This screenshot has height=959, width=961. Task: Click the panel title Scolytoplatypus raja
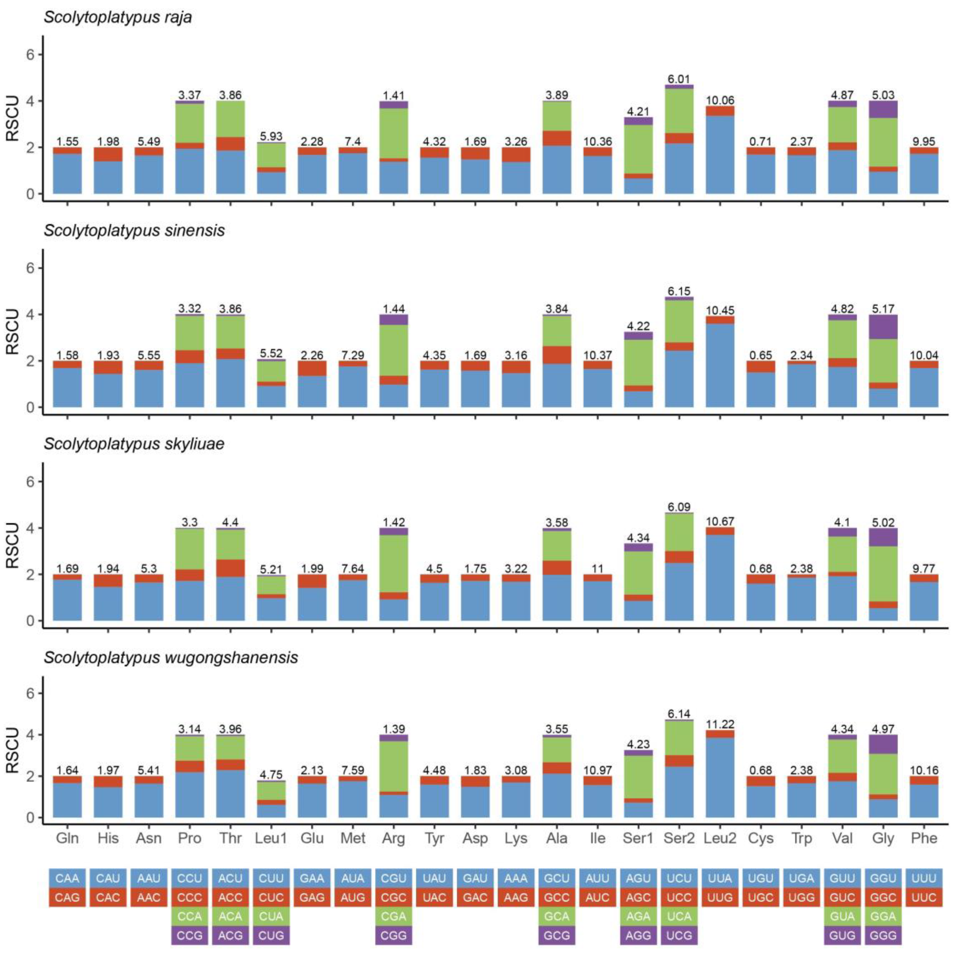click(x=118, y=17)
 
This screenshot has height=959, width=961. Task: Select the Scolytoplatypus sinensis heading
click(x=134, y=231)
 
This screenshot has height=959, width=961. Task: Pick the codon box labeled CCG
click(x=190, y=936)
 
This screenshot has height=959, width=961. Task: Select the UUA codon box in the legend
click(x=720, y=879)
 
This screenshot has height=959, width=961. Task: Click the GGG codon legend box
click(x=883, y=936)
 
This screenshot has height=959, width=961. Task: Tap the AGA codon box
click(x=638, y=917)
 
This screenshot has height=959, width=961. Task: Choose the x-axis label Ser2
click(x=679, y=839)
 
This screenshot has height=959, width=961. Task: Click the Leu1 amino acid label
click(x=271, y=839)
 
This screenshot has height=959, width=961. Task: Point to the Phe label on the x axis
click(x=924, y=839)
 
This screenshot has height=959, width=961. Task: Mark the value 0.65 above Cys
click(x=761, y=355)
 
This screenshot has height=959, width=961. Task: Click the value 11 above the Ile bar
click(x=597, y=568)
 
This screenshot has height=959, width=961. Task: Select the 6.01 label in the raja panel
click(x=679, y=79)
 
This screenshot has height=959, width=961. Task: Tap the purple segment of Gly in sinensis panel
click(x=883, y=327)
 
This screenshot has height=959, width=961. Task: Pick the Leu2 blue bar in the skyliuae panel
click(x=720, y=577)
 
